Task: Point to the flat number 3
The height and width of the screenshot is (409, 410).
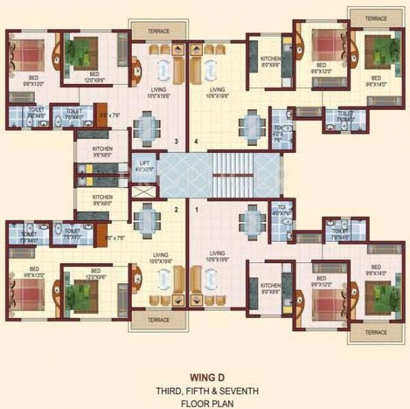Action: coord(176,142)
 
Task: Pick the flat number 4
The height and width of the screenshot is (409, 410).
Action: coord(196,142)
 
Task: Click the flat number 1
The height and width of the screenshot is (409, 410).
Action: coord(196,210)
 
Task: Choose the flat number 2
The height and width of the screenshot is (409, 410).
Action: coord(176,210)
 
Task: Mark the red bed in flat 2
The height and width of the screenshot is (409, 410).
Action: coord(25,293)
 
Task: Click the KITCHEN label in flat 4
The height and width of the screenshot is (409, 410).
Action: coord(270,59)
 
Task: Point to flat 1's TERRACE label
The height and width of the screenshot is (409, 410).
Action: coord(375,332)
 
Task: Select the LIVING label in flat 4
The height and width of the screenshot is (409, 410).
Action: coord(217,89)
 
